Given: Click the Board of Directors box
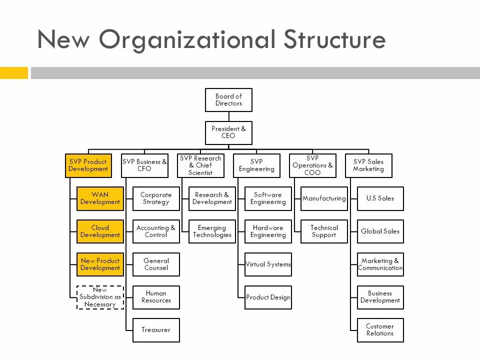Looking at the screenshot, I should (228, 100).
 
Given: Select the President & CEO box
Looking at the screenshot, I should (228, 133).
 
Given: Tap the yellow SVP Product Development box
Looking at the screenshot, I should (88, 165).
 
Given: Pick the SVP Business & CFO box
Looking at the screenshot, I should (144, 165).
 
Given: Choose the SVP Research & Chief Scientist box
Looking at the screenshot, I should (200, 165).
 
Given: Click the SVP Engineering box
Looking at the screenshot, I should (256, 165).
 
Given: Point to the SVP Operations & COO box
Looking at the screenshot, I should (312, 165).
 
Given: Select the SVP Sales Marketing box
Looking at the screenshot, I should (368, 165).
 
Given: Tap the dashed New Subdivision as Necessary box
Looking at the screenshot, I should (100, 297).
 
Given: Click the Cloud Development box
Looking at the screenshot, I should (100, 231).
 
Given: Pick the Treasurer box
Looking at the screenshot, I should (156, 330).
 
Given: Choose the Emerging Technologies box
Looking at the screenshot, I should (212, 231).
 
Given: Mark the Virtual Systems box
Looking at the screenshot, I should (268, 264).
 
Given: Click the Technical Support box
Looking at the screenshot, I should (324, 231).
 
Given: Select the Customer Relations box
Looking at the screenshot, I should (380, 330).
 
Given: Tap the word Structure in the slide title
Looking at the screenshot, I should (334, 40).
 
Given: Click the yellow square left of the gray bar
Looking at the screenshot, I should (13, 73).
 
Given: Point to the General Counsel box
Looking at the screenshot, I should (156, 264).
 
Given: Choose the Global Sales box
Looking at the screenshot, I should (380, 231).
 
